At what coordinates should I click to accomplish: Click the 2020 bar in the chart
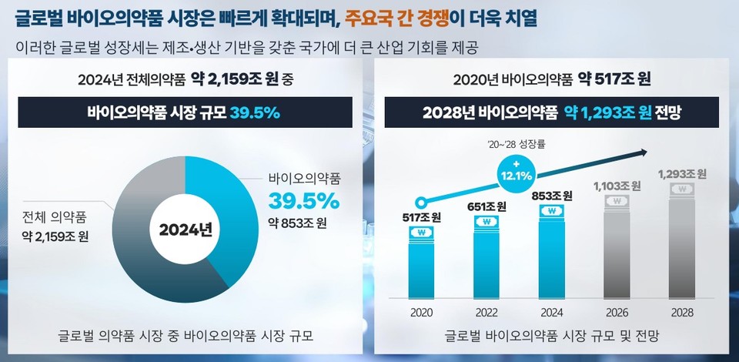(x=421, y=262)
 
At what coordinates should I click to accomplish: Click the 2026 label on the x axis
(x=617, y=312)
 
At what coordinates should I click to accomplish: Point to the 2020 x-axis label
(x=421, y=312)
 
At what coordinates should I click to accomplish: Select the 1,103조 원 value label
(x=617, y=186)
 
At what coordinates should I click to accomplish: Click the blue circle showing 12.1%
(x=517, y=169)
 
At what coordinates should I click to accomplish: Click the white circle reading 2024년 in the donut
(x=185, y=229)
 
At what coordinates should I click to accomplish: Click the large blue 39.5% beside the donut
(x=303, y=202)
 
